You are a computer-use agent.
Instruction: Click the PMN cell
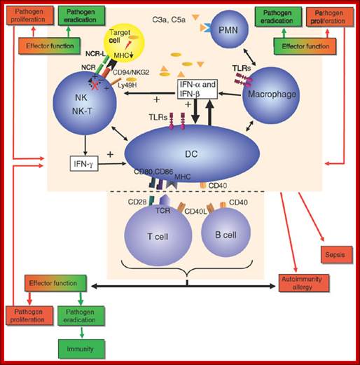pos(229,29)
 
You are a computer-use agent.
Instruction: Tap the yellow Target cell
pos(124,45)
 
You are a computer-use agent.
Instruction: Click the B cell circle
pos(226,233)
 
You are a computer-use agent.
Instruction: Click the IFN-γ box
pos(84,164)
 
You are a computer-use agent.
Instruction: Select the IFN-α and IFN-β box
pos(198,89)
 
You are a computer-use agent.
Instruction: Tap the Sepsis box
pos(337,254)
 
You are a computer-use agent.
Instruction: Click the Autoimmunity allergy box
pos(304,283)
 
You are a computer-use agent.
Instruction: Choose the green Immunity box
pos(81,349)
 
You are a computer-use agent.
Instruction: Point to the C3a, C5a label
pos(169,20)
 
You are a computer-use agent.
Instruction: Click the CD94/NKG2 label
pos(131,72)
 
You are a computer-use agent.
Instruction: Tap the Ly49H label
pos(127,85)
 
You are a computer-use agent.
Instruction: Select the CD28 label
pos(137,202)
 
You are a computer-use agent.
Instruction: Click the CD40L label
pos(195,212)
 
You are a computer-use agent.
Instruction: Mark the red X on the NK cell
pos(95,85)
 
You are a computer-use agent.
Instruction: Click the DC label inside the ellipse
pos(191,154)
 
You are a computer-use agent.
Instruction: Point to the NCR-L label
pos(95,54)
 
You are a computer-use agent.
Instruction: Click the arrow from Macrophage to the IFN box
pos(230,94)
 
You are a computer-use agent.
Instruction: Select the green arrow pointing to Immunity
pos(81,332)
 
